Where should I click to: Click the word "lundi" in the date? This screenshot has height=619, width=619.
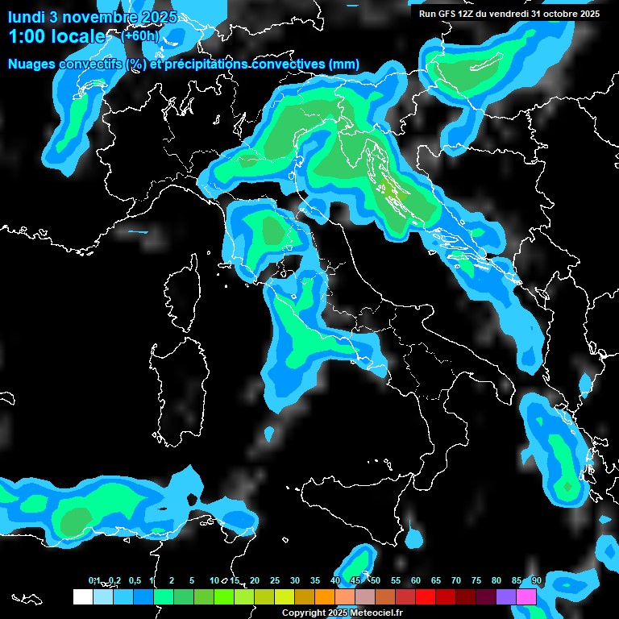click(26, 17)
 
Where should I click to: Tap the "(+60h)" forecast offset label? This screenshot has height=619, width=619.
click(140, 35)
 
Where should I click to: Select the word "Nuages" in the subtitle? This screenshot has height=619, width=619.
click(32, 64)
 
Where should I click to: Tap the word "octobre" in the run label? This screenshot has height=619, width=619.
click(556, 14)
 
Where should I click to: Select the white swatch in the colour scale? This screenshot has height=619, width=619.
click(82, 596)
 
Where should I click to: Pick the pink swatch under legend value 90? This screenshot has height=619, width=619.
click(527, 596)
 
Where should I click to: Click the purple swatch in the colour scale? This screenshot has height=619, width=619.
click(506, 596)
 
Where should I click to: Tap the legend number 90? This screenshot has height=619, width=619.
click(537, 580)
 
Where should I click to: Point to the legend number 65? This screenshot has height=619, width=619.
click(436, 580)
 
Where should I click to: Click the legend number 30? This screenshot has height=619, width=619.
click(295, 580)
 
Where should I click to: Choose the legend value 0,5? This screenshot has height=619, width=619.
click(134, 580)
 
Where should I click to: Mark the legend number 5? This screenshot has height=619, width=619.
click(192, 580)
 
